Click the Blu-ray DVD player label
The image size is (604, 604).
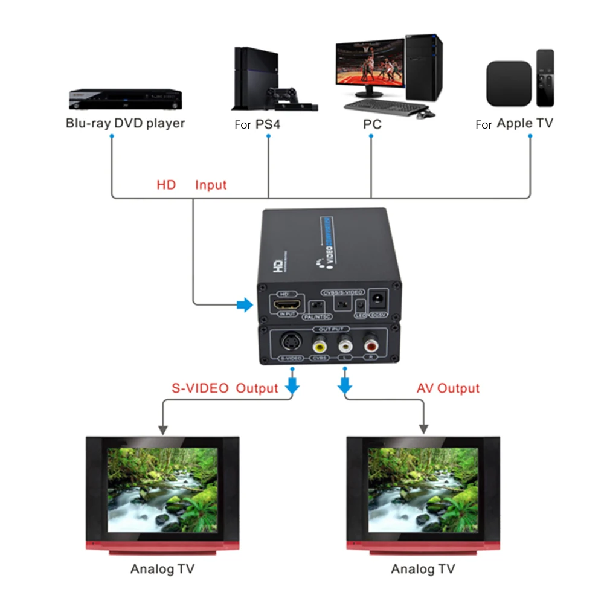[125, 123]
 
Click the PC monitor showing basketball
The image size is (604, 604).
[369, 63]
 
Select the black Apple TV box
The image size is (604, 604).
[509, 83]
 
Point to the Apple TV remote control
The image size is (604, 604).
[545, 78]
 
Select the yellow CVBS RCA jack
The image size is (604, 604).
[319, 345]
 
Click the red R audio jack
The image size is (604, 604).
[371, 345]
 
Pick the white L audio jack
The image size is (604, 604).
[345, 345]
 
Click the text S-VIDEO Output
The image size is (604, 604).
[225, 388]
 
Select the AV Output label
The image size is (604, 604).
[448, 388]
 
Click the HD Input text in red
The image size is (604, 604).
[191, 185]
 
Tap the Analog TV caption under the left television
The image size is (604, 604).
[162, 568]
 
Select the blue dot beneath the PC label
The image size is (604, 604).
[371, 137]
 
